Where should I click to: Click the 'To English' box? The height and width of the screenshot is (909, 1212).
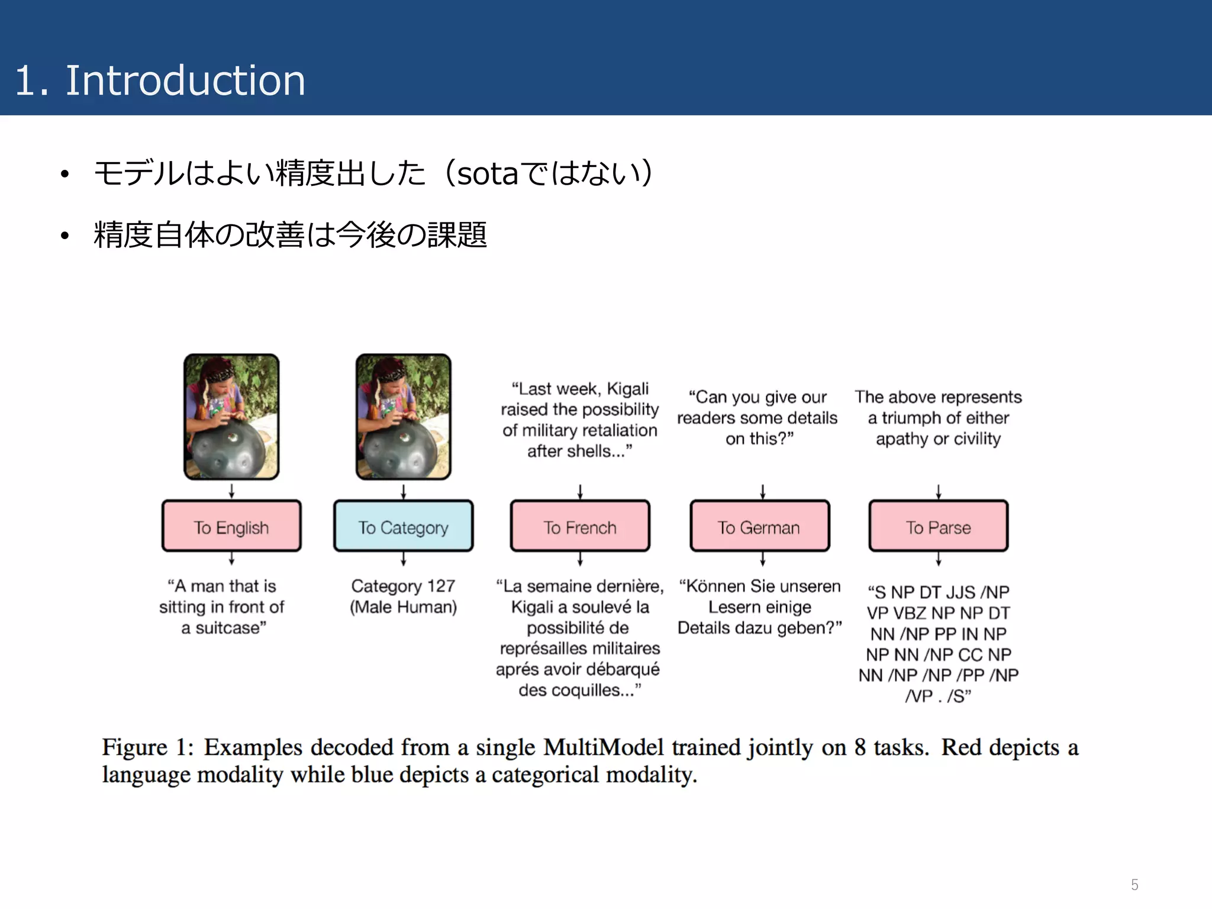click(231, 526)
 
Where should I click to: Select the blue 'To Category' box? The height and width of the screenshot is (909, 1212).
click(403, 526)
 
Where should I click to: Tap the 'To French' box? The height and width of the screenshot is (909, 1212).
click(580, 526)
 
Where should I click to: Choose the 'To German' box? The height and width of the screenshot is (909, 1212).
click(759, 526)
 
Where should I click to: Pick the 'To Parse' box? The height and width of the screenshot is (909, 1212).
click(938, 526)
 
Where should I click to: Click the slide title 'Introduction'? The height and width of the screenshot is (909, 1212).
click(185, 80)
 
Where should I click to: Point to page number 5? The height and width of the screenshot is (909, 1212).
click(1134, 885)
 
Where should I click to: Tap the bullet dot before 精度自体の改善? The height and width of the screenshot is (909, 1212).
click(65, 236)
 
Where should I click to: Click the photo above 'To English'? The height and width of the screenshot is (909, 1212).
click(231, 417)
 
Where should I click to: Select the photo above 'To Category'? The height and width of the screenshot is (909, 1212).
click(403, 417)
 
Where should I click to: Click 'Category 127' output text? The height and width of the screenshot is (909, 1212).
click(403, 586)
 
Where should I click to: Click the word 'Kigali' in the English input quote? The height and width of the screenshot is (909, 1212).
click(627, 389)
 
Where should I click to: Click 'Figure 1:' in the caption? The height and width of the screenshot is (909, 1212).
click(147, 747)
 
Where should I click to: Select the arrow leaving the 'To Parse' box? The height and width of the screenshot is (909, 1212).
click(938, 559)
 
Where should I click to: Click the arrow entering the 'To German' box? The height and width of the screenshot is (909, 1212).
click(762, 492)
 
